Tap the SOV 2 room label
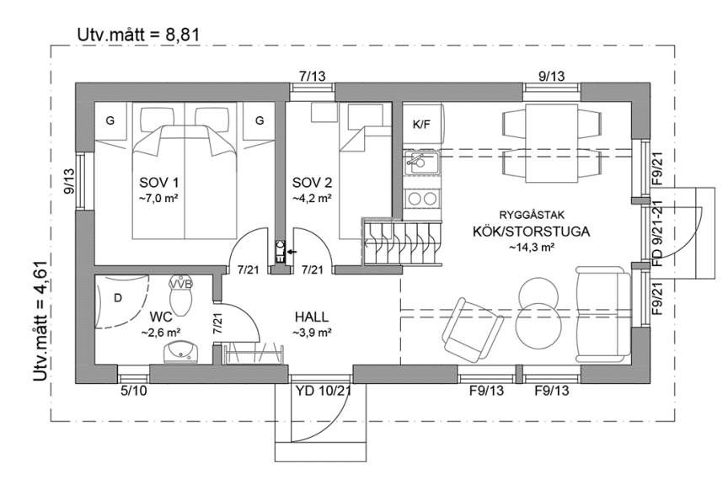(311, 183)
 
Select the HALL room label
(311, 317)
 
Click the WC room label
(161, 317)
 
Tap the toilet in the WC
(181, 287)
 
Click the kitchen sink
(420, 160)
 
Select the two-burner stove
(420, 198)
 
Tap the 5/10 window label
(133, 390)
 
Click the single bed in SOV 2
(363, 181)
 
